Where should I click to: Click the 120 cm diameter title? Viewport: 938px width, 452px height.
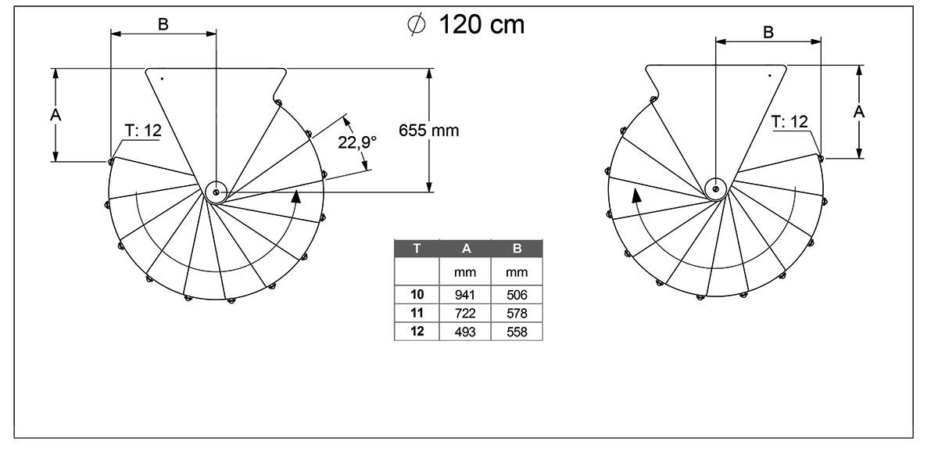[466, 24]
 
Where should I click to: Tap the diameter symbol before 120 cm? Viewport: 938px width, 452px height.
[417, 25]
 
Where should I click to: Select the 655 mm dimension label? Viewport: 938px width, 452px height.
[429, 131]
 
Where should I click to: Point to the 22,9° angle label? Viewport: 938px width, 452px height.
[357, 142]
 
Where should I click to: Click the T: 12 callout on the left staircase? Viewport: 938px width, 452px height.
[143, 131]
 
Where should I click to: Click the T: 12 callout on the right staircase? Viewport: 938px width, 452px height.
[789, 122]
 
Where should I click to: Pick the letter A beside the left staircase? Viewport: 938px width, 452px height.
[55, 114]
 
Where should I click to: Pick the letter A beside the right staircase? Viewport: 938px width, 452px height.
[859, 111]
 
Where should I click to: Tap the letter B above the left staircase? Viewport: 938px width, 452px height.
[163, 25]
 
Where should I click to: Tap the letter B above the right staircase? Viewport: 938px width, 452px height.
[768, 32]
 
